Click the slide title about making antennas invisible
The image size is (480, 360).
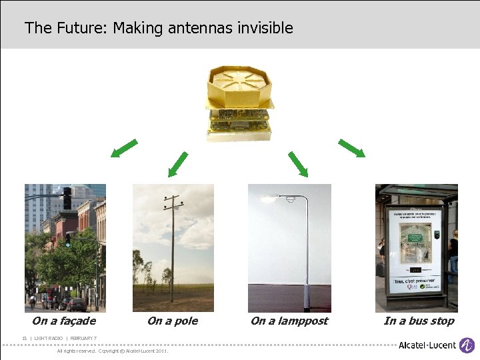[x=159, y=28]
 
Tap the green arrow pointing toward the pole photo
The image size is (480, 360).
[x=178, y=164]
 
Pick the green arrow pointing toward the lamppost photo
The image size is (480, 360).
[x=298, y=164]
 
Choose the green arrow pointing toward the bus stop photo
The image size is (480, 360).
[x=351, y=148]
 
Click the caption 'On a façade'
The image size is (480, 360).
[x=64, y=321]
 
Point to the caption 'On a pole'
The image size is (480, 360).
[x=172, y=321]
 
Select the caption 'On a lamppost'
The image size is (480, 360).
[x=289, y=321]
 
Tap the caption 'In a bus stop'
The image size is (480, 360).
[x=419, y=321]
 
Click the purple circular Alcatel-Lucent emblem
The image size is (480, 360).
[x=467, y=345]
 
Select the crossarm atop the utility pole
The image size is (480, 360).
[x=172, y=199]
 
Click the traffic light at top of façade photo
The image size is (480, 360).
[x=67, y=198]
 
